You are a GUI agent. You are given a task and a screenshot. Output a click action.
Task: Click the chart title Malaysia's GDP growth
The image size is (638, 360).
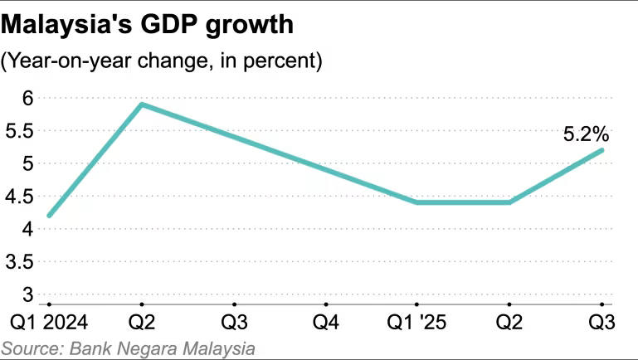tap(148, 25)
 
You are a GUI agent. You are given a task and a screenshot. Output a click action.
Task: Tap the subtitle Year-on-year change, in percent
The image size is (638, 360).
tap(162, 61)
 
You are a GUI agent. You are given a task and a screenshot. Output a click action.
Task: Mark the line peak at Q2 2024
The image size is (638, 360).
tap(142, 105)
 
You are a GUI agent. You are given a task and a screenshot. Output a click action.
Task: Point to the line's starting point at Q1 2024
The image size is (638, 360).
tap(50, 216)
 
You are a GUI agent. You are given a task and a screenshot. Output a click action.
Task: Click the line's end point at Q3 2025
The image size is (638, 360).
tap(601, 150)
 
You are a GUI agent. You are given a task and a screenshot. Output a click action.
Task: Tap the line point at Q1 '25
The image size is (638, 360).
tap(417, 202)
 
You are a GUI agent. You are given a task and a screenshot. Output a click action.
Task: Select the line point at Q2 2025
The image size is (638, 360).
tap(509, 202)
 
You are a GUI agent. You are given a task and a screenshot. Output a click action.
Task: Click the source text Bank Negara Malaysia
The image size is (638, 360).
tap(128, 348)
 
